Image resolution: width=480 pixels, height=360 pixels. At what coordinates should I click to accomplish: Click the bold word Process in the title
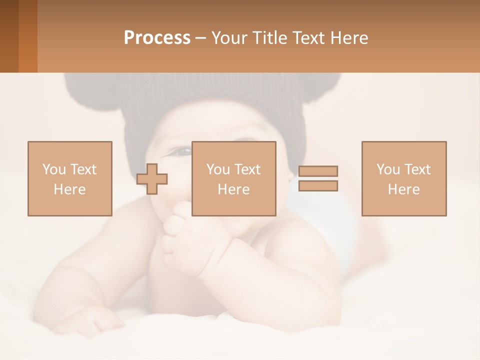(157, 38)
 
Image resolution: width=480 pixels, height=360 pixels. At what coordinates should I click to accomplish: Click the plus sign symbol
(152, 178)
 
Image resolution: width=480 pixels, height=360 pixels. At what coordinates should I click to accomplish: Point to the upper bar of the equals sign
(318, 171)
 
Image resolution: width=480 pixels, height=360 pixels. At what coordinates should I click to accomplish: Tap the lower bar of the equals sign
(318, 185)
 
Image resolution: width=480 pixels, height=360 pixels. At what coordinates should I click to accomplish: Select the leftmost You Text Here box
(69, 178)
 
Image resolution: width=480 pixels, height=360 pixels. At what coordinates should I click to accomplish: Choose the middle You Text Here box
(233, 178)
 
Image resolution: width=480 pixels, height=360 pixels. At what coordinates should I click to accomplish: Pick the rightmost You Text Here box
(403, 178)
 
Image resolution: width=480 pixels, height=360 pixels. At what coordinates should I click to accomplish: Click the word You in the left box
(53, 169)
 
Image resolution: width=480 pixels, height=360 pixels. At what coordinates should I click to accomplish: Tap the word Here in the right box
(403, 189)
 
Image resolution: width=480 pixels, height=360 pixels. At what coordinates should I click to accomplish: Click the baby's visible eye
(182, 150)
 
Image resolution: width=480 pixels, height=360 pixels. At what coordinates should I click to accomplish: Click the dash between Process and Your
(201, 38)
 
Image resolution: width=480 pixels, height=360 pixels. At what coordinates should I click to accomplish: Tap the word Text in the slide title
(306, 38)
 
